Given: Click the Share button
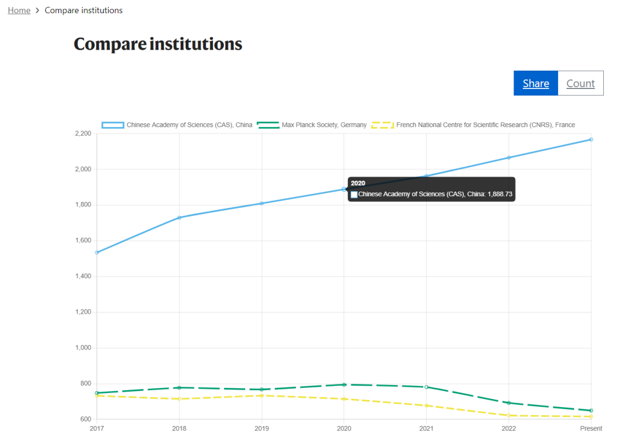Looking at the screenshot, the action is pyautogui.click(x=535, y=83).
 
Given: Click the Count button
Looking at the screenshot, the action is pyautogui.click(x=580, y=83).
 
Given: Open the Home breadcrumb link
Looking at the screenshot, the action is pyautogui.click(x=19, y=10).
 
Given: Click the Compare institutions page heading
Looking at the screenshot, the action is pyautogui.click(x=158, y=43).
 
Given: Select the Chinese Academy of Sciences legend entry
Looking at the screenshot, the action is pyautogui.click(x=177, y=125).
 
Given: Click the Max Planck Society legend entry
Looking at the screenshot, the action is pyautogui.click(x=312, y=125).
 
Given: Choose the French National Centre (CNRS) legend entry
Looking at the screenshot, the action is pyautogui.click(x=473, y=125).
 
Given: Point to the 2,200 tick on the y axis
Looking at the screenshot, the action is pyautogui.click(x=83, y=133).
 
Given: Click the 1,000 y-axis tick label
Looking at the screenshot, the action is pyautogui.click(x=83, y=348).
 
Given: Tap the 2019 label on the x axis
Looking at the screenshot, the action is pyautogui.click(x=262, y=428).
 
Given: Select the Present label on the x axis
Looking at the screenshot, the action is pyautogui.click(x=591, y=428).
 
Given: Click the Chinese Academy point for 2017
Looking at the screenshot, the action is pyautogui.click(x=97, y=253).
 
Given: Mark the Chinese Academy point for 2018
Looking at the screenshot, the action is pyautogui.click(x=179, y=218).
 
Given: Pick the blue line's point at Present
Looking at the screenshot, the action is pyautogui.click(x=591, y=140).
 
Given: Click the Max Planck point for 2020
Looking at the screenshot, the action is pyautogui.click(x=344, y=384).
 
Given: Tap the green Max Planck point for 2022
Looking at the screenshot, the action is pyautogui.click(x=509, y=403).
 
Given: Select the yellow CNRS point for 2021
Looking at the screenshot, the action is pyautogui.click(x=426, y=405).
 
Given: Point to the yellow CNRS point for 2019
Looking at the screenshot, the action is pyautogui.click(x=262, y=395).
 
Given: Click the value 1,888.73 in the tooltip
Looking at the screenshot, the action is pyautogui.click(x=500, y=194).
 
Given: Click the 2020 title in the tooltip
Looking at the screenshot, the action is pyautogui.click(x=358, y=183).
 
